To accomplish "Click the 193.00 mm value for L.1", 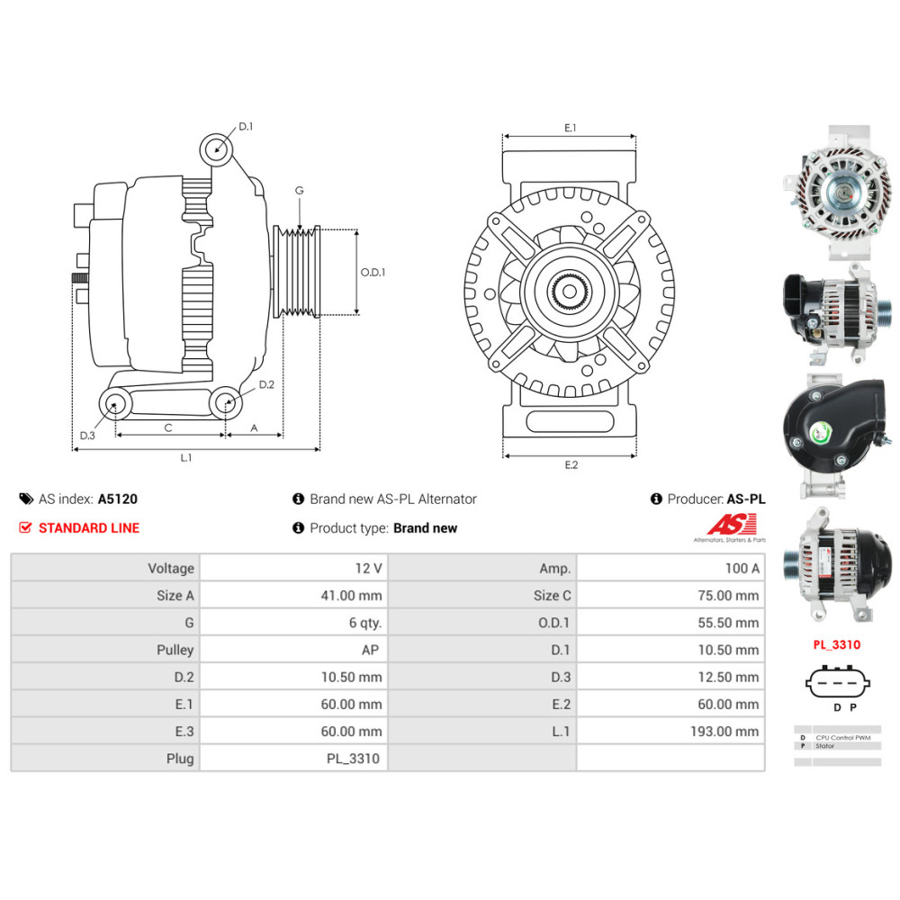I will pyautogui.click(x=724, y=732).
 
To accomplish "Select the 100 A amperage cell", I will pyautogui.click(x=742, y=568).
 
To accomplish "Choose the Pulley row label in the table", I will pyautogui.click(x=175, y=650).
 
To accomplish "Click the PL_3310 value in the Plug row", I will pyautogui.click(x=353, y=759).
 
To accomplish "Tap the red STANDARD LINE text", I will pyautogui.click(x=88, y=528).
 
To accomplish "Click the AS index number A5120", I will pyautogui.click(x=118, y=499).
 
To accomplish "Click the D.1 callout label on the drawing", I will pyautogui.click(x=246, y=127).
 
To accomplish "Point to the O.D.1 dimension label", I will pyautogui.click(x=373, y=272).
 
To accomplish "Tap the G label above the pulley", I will pyautogui.click(x=299, y=191).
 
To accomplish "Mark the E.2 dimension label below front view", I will pyautogui.click(x=571, y=464).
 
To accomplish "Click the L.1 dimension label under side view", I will pyautogui.click(x=185, y=458).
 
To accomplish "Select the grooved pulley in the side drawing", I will pyautogui.click(x=297, y=271).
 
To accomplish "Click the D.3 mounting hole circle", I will pyautogui.click(x=114, y=404).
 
